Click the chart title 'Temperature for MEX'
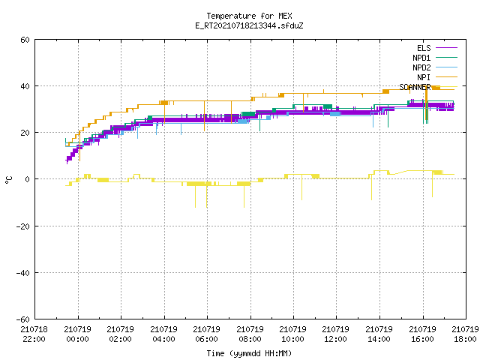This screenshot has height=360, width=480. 249,16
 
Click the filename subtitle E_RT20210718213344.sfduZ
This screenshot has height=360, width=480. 249,25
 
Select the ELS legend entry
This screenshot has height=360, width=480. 437,48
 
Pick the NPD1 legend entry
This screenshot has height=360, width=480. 435,58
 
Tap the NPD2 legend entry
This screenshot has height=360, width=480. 435,67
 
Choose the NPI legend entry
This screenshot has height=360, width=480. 437,77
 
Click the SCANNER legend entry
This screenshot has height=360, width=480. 428,87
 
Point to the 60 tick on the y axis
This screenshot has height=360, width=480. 25,40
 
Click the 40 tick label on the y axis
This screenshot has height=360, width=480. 25,86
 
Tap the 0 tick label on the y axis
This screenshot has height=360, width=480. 28,179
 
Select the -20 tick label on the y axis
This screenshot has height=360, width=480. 23,226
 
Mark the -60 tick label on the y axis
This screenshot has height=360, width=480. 23,319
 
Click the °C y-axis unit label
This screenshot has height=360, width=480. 9,180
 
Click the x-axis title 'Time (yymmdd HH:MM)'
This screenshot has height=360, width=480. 249,353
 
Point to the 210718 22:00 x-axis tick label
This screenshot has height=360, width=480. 34,334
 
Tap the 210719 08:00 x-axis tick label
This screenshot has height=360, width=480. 250,334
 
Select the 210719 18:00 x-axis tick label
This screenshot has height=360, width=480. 466,334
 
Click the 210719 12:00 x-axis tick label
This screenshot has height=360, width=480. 336,334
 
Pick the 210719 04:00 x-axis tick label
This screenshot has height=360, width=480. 163,334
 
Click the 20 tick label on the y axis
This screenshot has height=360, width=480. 25,133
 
